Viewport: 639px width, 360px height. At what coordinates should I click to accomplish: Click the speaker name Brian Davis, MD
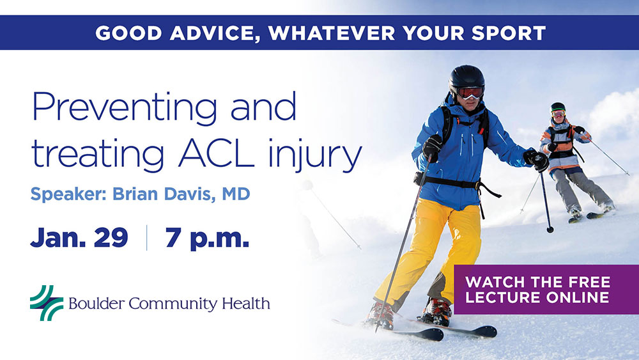click(x=181, y=193)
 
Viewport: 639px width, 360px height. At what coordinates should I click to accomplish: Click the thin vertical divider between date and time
click(x=147, y=237)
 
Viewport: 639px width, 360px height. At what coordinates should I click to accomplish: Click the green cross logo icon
click(x=47, y=302)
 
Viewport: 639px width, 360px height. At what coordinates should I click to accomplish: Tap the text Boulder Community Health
click(x=168, y=302)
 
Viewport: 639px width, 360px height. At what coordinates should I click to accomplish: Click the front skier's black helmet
click(x=466, y=77)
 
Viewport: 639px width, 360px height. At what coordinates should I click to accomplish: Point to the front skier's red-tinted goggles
click(x=470, y=92)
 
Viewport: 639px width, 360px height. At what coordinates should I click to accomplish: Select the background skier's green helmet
click(x=558, y=107)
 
